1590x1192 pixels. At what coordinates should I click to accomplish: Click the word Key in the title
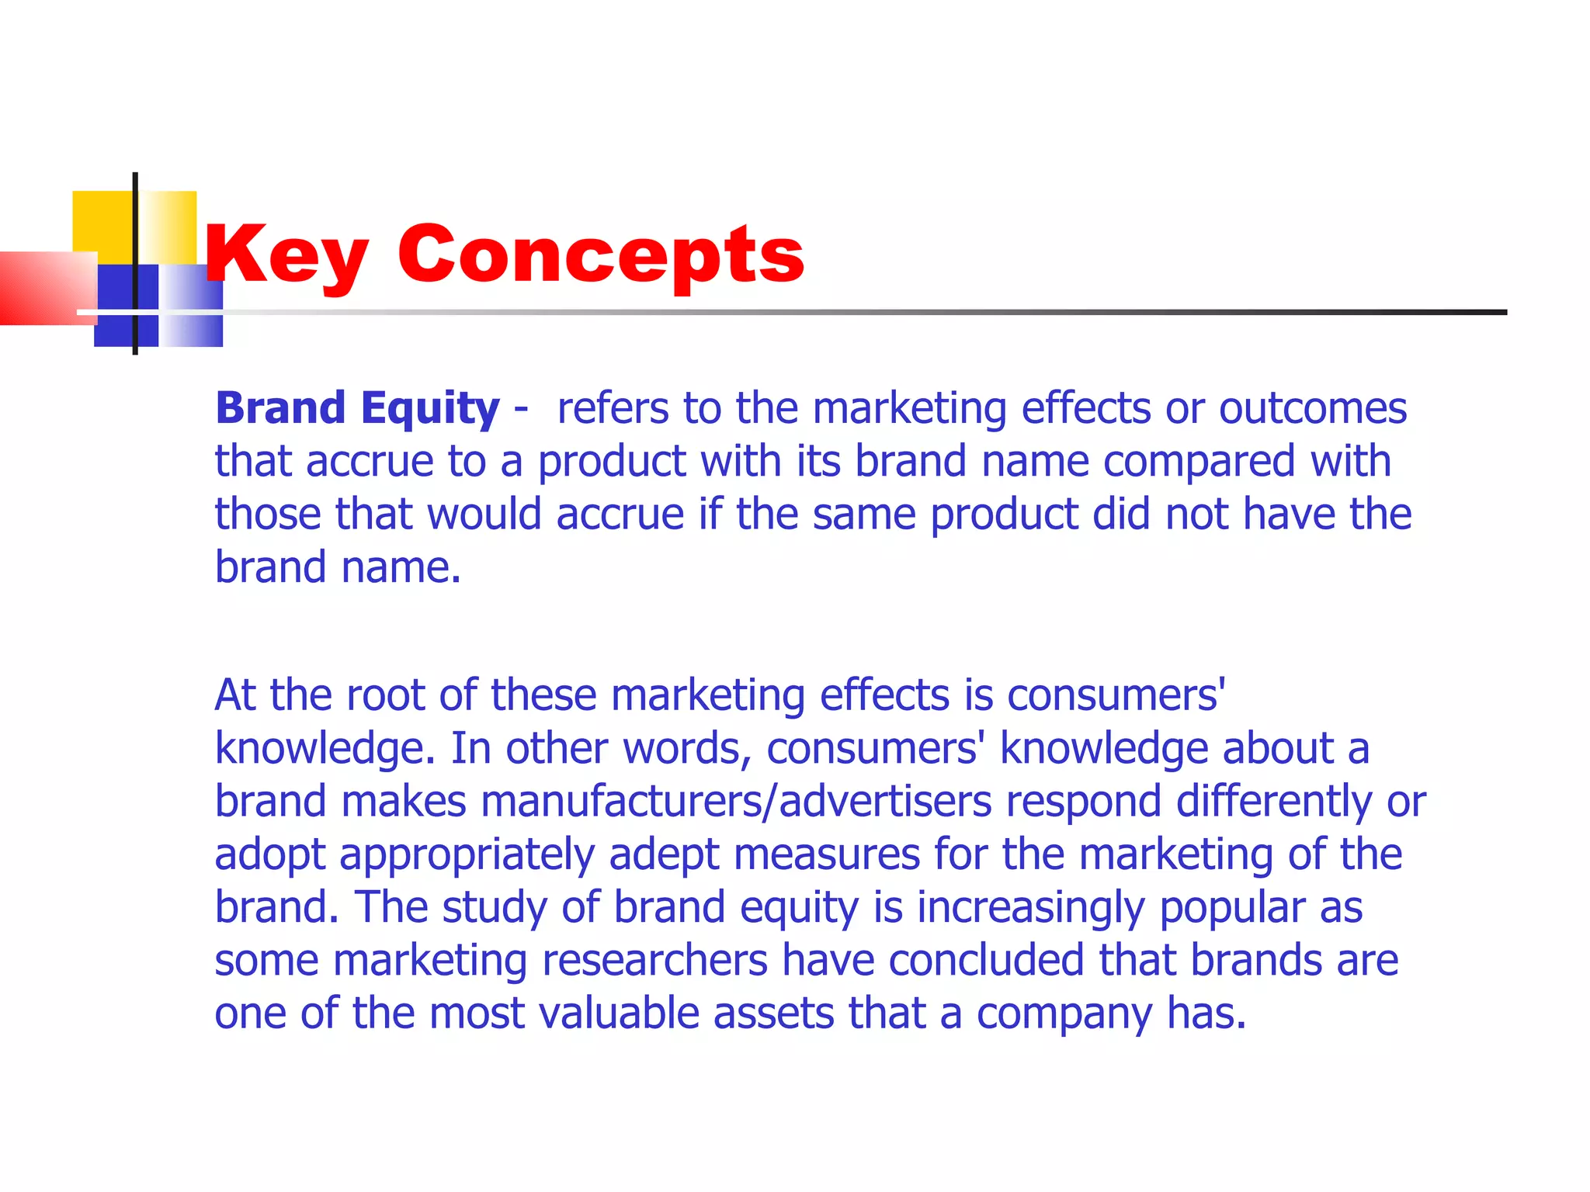pyautogui.click(x=286, y=255)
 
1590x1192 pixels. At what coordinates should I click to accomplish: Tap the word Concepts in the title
pyautogui.click(x=601, y=255)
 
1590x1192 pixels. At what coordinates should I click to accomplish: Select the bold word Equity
pyautogui.click(x=430, y=409)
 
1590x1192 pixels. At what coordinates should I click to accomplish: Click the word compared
pyautogui.click(x=1199, y=462)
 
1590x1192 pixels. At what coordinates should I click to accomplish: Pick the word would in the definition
pyautogui.click(x=484, y=514)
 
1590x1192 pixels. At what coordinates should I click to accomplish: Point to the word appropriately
pyautogui.click(x=467, y=855)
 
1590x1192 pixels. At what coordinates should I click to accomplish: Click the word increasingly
pyautogui.click(x=1030, y=908)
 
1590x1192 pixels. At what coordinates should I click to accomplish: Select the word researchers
pyautogui.click(x=654, y=961)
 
